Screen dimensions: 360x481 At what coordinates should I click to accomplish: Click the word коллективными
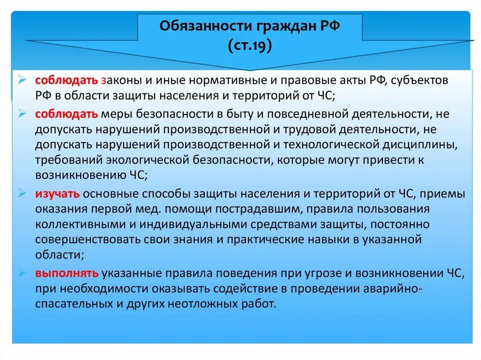pyautogui.click(x=77, y=225)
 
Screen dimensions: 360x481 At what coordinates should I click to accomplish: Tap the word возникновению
pyautogui.click(x=78, y=175)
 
